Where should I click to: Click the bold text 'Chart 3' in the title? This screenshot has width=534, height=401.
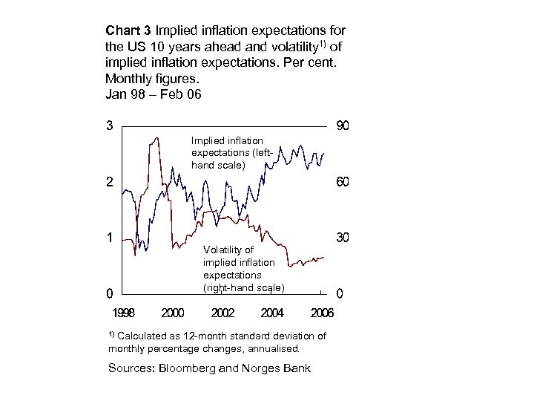click(128, 31)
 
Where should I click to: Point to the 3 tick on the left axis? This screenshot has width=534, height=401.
click(110, 125)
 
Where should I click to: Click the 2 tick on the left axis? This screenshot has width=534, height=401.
click(110, 182)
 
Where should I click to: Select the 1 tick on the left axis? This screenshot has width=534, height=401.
click(110, 238)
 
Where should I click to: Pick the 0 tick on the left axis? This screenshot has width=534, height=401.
click(110, 293)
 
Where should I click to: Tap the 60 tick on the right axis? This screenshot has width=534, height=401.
click(343, 182)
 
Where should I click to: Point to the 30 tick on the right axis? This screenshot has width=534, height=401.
click(343, 238)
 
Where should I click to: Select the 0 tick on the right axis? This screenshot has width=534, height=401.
click(340, 293)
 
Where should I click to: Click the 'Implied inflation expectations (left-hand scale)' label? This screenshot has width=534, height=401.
click(227, 152)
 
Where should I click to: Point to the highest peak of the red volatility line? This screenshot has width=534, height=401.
click(156, 137)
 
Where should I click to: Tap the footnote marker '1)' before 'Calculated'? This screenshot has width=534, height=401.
click(111, 334)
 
